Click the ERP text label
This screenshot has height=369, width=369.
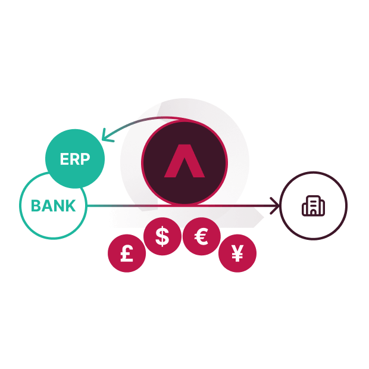(x=75, y=159)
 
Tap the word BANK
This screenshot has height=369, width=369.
(x=53, y=206)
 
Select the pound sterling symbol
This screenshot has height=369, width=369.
(x=127, y=254)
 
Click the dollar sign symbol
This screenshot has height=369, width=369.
(x=162, y=236)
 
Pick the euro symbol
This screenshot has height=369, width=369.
(x=201, y=236)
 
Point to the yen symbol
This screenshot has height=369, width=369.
(x=237, y=253)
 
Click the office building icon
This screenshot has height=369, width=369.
(x=314, y=206)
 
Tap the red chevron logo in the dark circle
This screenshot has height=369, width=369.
(x=185, y=161)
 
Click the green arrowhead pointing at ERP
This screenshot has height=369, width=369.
(x=107, y=135)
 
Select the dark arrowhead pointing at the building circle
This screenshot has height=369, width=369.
(x=274, y=206)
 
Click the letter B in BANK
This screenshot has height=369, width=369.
(x=36, y=206)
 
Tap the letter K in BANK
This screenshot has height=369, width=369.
(x=71, y=206)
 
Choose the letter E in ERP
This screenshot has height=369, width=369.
(x=64, y=159)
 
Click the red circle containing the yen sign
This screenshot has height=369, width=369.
(x=237, y=253)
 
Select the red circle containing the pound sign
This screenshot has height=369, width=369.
(x=127, y=253)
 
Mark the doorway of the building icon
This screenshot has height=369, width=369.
(x=314, y=212)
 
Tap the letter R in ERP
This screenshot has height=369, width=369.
(x=74, y=159)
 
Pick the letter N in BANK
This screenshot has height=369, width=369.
(x=59, y=206)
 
